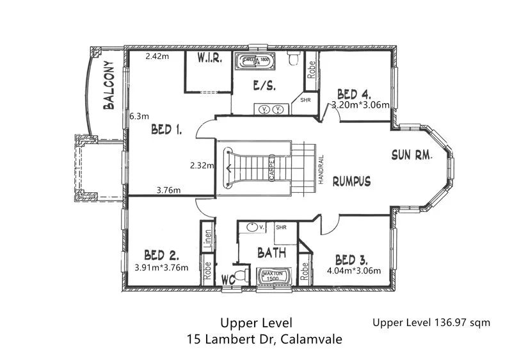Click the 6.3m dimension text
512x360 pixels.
coord(139,117)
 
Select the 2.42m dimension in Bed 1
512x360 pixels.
coord(157,56)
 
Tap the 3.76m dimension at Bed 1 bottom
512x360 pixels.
coord(168,190)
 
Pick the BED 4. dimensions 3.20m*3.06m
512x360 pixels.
coord(360,106)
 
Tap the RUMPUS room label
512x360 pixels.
coord(351,181)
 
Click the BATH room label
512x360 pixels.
coord(271,253)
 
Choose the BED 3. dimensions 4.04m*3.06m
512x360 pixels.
coord(354,270)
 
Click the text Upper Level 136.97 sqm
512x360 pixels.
coord(431,322)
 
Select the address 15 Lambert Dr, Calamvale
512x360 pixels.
coord(264,338)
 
